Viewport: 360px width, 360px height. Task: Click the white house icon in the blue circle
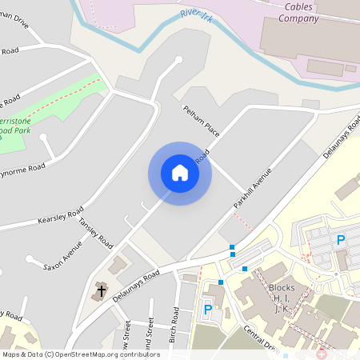click(x=179, y=173)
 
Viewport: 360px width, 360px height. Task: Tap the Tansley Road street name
click(x=95, y=233)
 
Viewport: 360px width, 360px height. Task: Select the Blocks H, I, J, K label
click(x=282, y=298)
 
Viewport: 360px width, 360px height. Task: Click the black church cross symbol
click(x=101, y=290)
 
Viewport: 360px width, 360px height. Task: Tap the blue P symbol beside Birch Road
click(x=208, y=310)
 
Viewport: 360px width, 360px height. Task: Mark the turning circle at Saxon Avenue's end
click(x=29, y=258)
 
